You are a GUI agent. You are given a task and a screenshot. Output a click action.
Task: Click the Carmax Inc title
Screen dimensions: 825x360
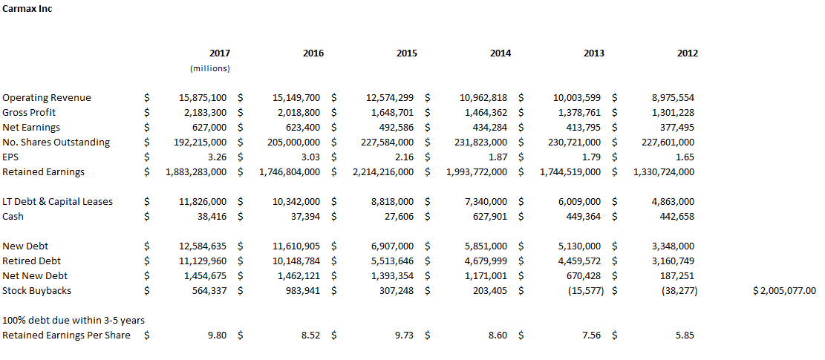[x=27, y=10]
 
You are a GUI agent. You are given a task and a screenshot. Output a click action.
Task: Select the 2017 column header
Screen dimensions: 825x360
[x=219, y=53]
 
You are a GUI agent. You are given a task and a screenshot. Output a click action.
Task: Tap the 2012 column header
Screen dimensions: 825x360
[x=688, y=53]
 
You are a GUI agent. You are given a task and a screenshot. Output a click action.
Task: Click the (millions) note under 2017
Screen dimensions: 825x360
[x=210, y=68]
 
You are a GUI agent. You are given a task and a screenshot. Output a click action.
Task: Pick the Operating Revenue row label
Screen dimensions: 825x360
[x=47, y=98]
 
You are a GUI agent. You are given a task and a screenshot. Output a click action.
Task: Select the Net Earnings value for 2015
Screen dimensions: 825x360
[x=395, y=127]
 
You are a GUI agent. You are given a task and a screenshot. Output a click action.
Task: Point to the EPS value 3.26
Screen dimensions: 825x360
[x=218, y=157]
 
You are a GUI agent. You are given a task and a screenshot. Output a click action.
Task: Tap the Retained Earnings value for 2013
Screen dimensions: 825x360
[x=570, y=172]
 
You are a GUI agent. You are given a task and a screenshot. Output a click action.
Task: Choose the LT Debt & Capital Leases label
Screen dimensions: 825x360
[x=57, y=202]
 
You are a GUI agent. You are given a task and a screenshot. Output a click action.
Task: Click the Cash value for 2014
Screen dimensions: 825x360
[x=490, y=217]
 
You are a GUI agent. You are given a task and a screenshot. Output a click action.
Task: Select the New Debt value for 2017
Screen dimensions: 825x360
[x=201, y=246]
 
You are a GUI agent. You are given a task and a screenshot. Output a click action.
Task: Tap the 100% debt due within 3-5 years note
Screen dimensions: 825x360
[x=74, y=320]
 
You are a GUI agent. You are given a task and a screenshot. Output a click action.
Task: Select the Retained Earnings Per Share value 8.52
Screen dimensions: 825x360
[x=310, y=335]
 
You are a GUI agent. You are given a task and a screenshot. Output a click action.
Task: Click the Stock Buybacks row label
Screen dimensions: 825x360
[x=37, y=291]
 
